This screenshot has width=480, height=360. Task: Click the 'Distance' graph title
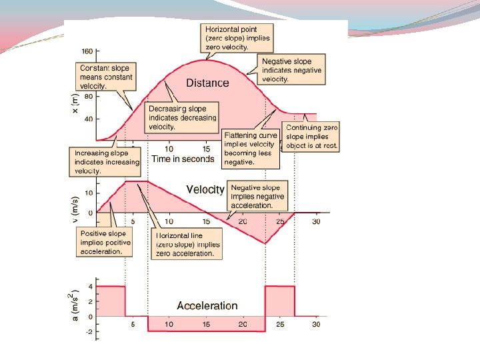[207, 83]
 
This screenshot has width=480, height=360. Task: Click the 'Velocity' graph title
[205, 189]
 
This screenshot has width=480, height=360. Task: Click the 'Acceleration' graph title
[207, 306]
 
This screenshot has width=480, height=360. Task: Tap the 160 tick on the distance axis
[87, 51]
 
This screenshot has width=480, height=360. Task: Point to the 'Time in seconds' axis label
[183, 159]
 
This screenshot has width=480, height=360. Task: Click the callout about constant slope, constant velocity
[107, 77]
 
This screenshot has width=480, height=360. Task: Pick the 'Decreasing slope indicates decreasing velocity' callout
[182, 117]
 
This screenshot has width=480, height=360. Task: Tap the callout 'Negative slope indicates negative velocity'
[291, 70]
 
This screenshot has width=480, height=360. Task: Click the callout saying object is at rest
[311, 136]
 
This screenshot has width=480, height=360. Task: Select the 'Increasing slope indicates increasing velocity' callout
[107, 162]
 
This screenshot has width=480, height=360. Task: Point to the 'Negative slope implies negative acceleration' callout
[257, 197]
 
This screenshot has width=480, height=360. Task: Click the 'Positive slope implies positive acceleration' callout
[105, 243]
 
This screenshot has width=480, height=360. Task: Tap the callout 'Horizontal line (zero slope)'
[187, 245]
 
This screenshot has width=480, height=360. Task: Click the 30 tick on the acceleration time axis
[316, 325]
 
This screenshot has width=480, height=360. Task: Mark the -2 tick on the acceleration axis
[89, 331]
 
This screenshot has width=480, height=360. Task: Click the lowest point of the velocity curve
[265, 243]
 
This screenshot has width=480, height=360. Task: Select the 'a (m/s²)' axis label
[75, 304]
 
